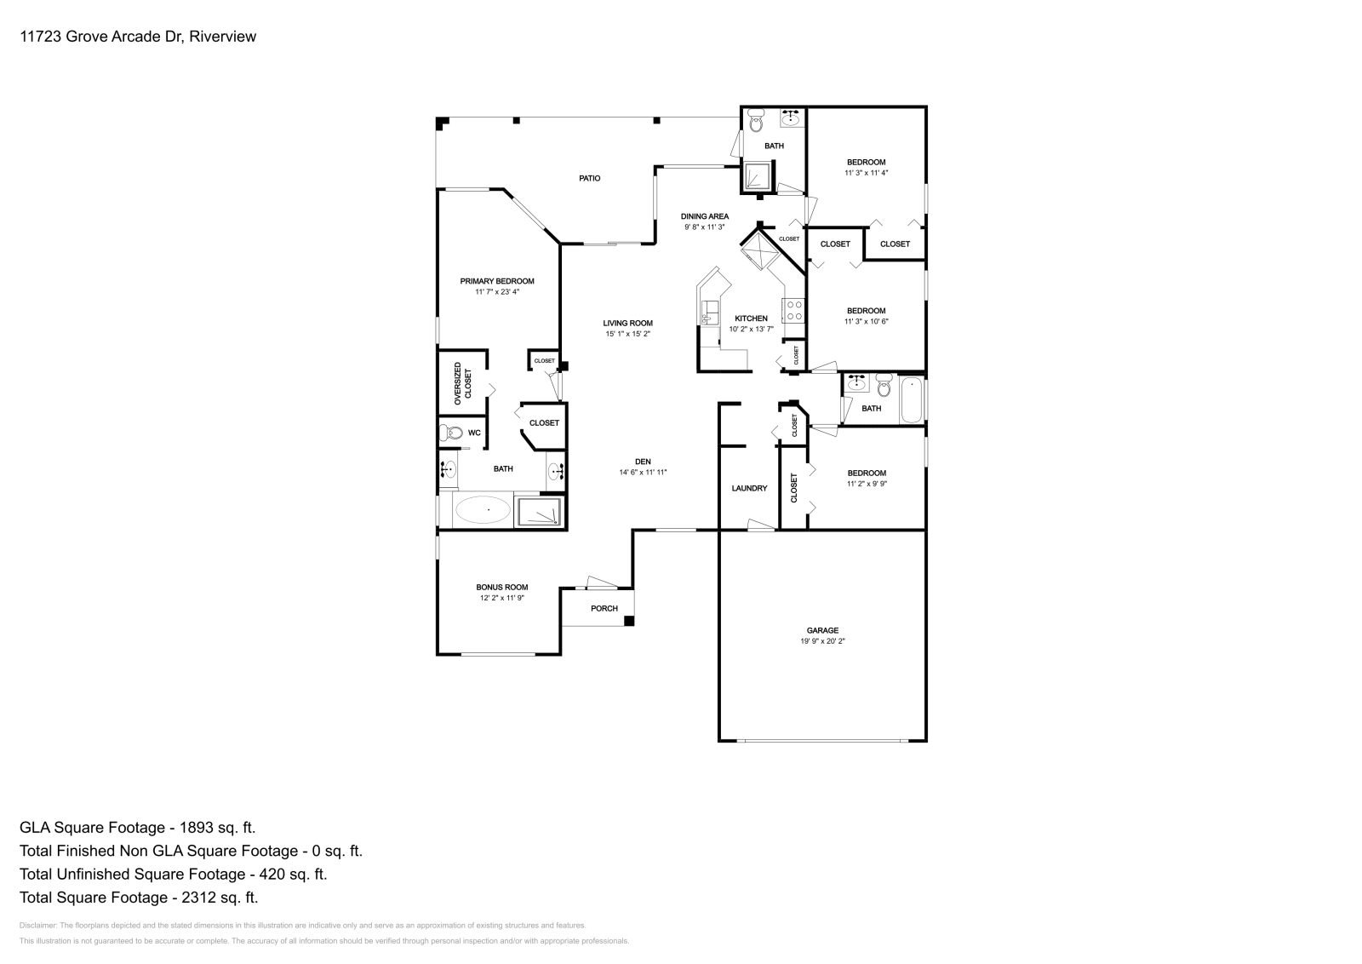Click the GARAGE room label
[x=822, y=630]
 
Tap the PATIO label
[x=589, y=178]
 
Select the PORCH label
[x=604, y=608]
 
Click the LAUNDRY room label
[x=749, y=488]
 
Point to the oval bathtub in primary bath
[x=483, y=510]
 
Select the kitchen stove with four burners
[x=794, y=310]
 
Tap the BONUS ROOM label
[x=501, y=587]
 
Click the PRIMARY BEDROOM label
[x=497, y=281]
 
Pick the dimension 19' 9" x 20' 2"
[x=822, y=641]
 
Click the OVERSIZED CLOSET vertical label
[x=462, y=382]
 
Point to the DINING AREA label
[x=704, y=216]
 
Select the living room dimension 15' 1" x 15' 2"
[x=627, y=334]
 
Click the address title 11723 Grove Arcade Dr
[x=102, y=37]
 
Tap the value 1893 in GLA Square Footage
[x=196, y=827]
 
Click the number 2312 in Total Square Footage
[x=198, y=897]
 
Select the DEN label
[x=643, y=461]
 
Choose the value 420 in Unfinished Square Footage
[x=268, y=874]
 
